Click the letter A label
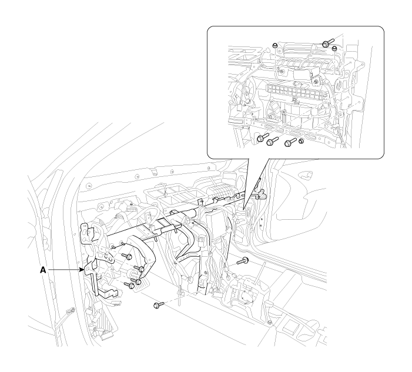tap(43, 270)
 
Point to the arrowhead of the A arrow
tap(82, 270)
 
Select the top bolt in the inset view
tap(327, 43)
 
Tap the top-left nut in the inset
tap(274, 45)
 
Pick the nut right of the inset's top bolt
tap(334, 49)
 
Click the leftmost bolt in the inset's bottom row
tap(262, 137)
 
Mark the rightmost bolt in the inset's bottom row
tap(290, 142)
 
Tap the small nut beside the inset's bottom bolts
tap(302, 141)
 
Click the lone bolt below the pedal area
tap(159, 305)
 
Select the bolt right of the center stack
tap(243, 260)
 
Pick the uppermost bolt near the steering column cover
tap(127, 256)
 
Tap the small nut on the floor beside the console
tap(269, 323)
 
